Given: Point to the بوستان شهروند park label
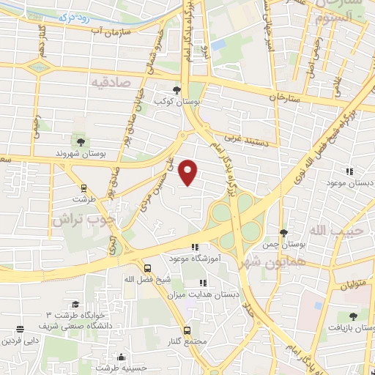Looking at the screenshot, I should (x=81, y=155).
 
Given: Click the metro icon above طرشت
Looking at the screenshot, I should (x=83, y=187).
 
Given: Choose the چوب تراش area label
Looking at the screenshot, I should (x=84, y=218).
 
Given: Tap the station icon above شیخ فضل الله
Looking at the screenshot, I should (x=148, y=268).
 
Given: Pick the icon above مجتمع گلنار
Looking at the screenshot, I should (x=187, y=330).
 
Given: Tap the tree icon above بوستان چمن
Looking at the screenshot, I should (x=283, y=232).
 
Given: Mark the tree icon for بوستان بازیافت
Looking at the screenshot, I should (x=353, y=316).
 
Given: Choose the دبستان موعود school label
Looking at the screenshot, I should (x=348, y=183).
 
